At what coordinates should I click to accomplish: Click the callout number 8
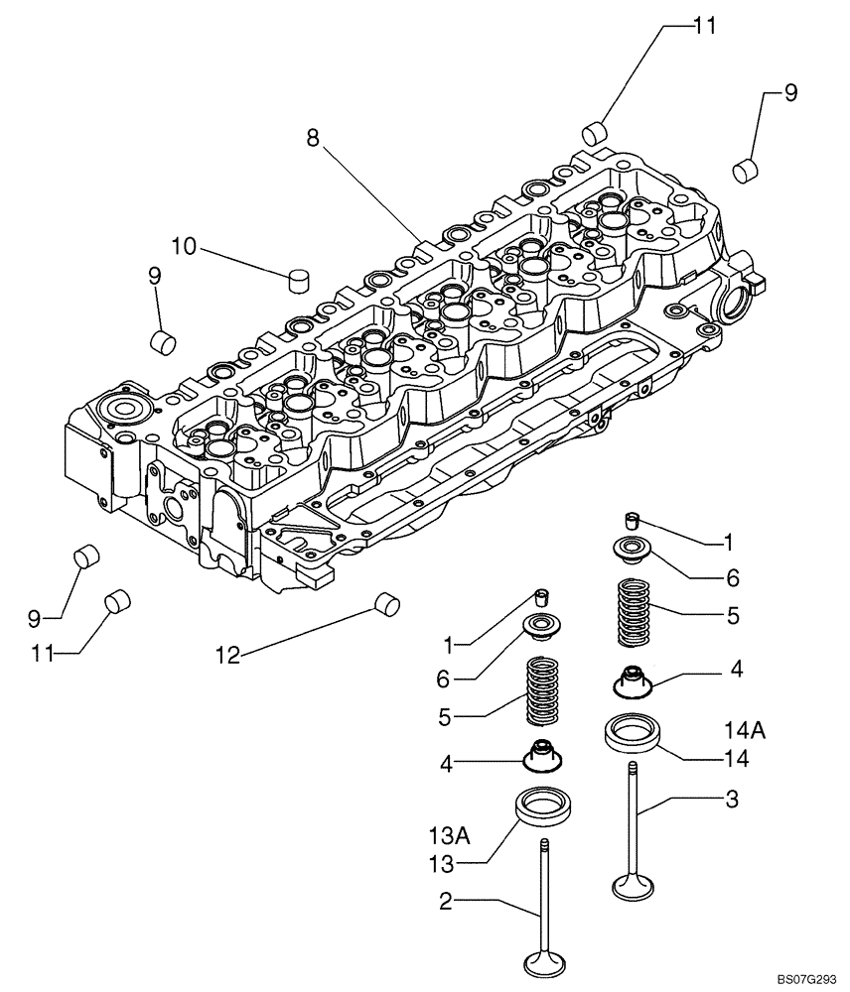click(x=313, y=139)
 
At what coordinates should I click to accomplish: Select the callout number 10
click(x=186, y=244)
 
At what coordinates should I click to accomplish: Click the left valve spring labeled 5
click(x=541, y=692)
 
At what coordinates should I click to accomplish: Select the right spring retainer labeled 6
click(x=632, y=547)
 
